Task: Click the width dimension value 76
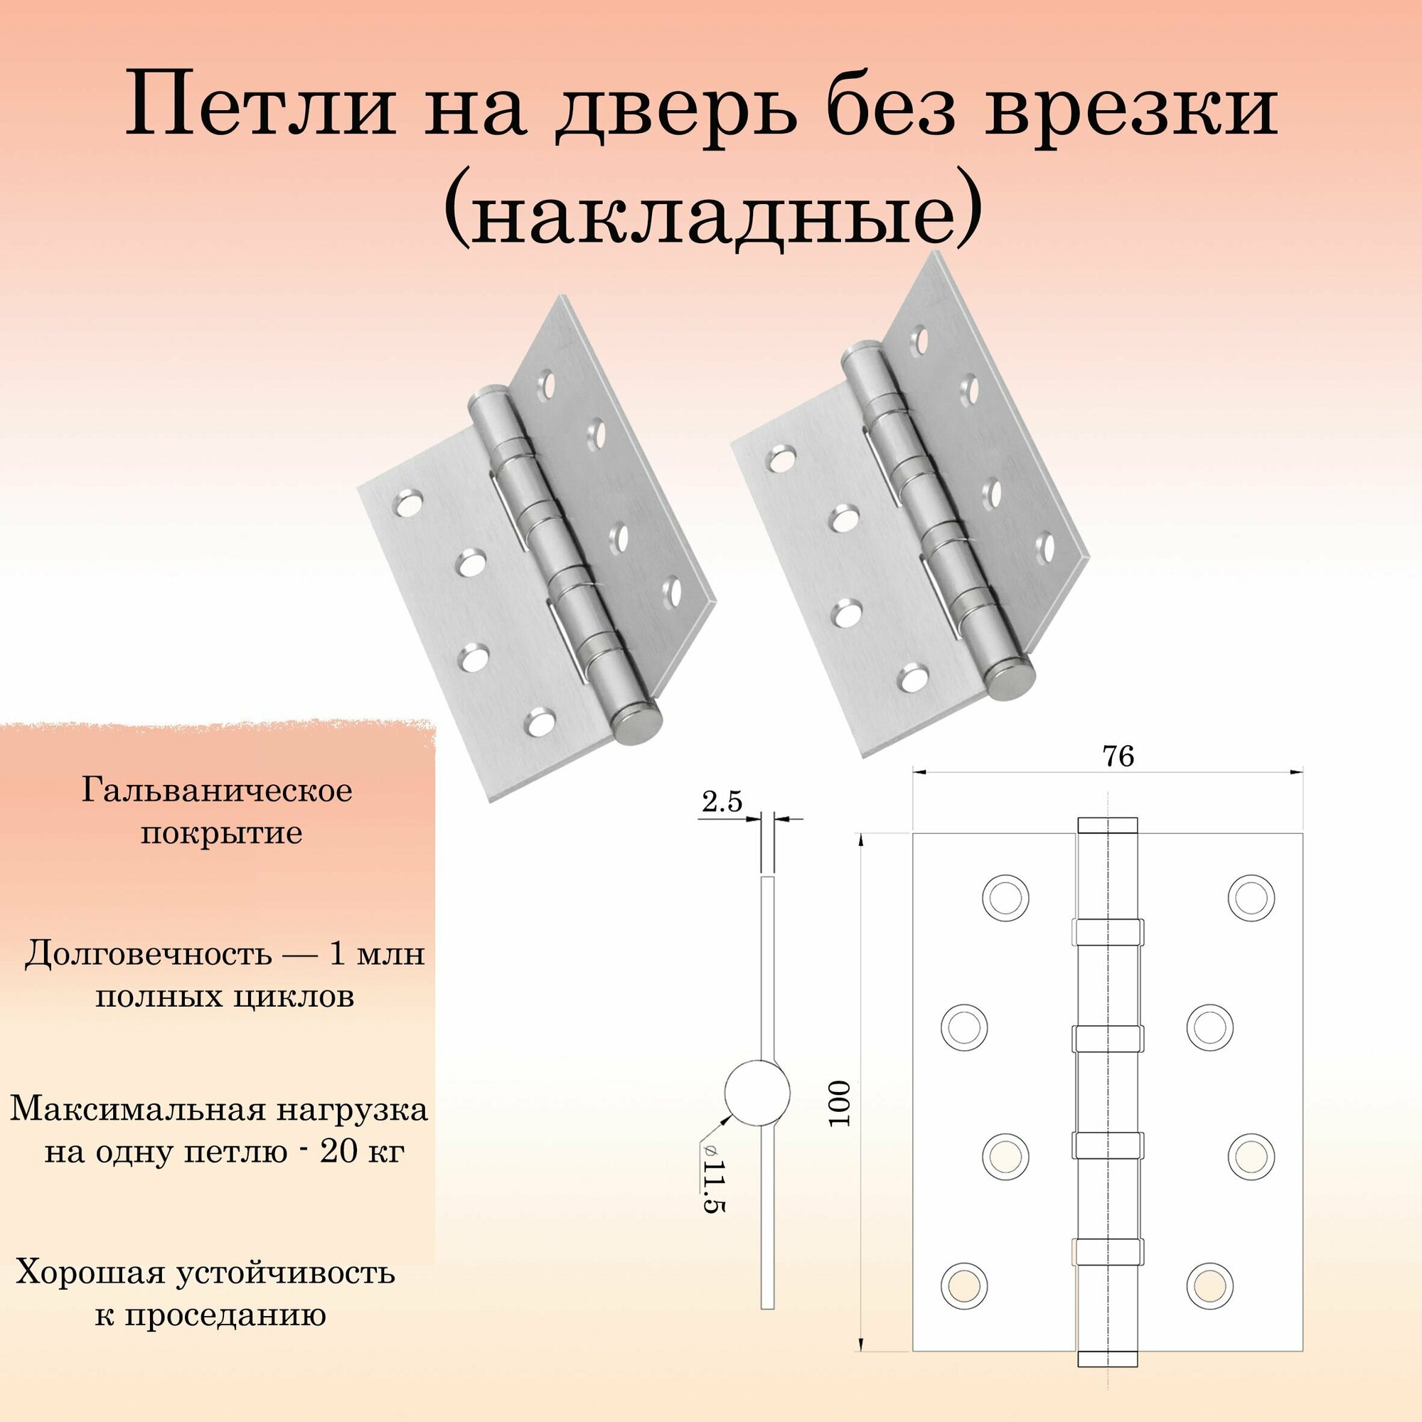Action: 1117,757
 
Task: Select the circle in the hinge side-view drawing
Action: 757,1091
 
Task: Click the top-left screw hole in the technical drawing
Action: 1005,899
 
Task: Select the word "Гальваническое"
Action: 217,793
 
